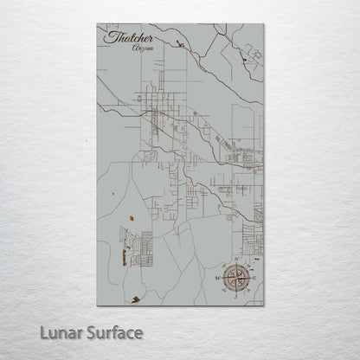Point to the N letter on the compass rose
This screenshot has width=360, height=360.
coord(235,260)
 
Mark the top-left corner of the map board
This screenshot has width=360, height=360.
coord(97,23)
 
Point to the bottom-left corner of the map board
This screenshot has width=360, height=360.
coord(97,305)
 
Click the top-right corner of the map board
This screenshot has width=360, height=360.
coord(264,23)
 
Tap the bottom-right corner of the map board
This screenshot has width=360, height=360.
coord(264,305)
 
